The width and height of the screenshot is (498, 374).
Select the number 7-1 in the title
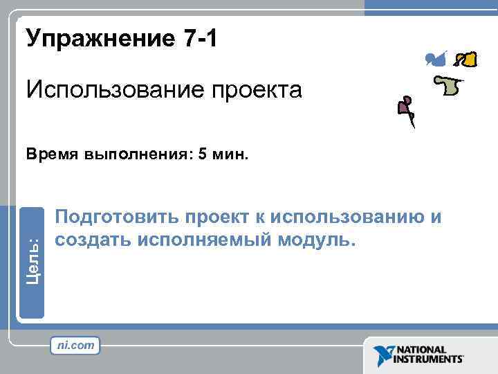201,39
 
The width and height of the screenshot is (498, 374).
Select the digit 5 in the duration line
202,154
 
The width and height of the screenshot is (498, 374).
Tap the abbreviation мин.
229,154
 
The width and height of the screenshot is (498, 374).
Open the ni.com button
75,345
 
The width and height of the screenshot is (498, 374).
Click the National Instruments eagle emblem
383,355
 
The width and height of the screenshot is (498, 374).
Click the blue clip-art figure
436,59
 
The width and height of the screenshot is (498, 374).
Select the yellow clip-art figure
468,60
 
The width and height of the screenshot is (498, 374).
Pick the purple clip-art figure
405,107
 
